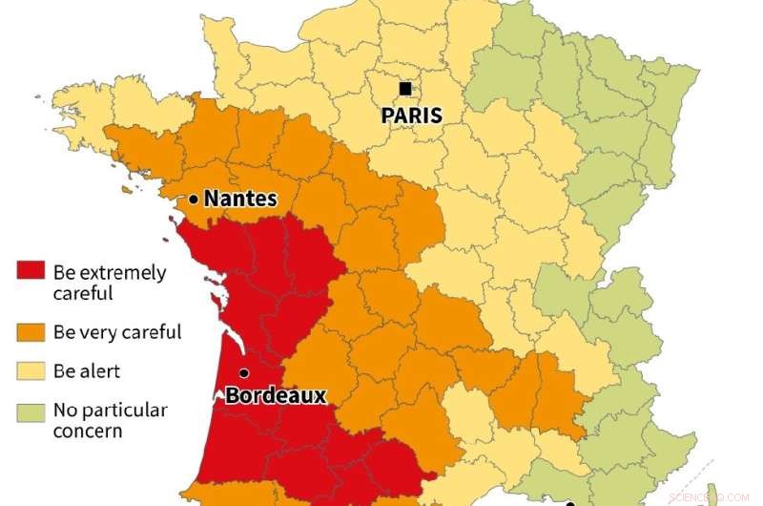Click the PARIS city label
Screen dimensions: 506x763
[x=411, y=116]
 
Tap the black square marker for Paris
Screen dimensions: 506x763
[x=405, y=89]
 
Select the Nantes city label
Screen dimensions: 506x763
[x=240, y=200]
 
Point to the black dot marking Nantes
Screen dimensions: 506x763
[x=194, y=200]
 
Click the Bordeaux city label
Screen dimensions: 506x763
[x=276, y=395]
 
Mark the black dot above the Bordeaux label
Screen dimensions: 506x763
[x=244, y=373]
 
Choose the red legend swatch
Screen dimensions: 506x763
[x=31, y=272]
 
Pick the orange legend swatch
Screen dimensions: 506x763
[x=31, y=332]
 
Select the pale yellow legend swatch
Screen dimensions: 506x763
[x=31, y=371]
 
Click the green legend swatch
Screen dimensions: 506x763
[x=31, y=411]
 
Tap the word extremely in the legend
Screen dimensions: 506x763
[x=121, y=273]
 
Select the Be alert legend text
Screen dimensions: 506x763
[x=87, y=371]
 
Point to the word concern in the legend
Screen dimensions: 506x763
[x=88, y=432]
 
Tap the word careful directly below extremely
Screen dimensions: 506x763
[x=83, y=294]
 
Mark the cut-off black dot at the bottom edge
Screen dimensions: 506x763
[x=569, y=503]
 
